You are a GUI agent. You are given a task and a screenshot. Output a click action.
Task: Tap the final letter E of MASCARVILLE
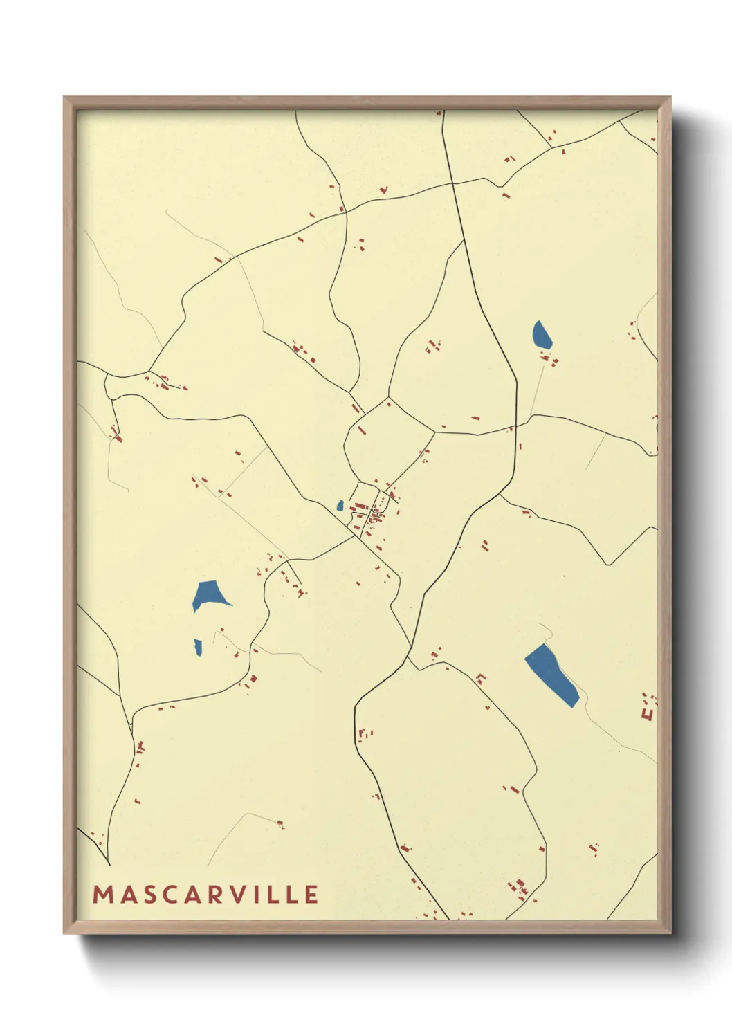point(311,895)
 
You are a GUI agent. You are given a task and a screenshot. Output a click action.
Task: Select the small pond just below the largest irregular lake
point(198,648)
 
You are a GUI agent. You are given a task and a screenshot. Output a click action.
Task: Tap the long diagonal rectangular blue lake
point(551,675)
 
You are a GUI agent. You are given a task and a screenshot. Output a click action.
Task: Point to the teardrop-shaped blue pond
point(542,335)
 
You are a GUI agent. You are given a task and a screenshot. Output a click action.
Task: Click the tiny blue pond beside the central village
point(340,506)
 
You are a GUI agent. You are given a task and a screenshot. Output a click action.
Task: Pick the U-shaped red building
point(648,713)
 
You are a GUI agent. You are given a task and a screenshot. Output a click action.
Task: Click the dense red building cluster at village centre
point(374,514)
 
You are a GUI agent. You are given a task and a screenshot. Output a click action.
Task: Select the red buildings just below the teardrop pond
point(551,359)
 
